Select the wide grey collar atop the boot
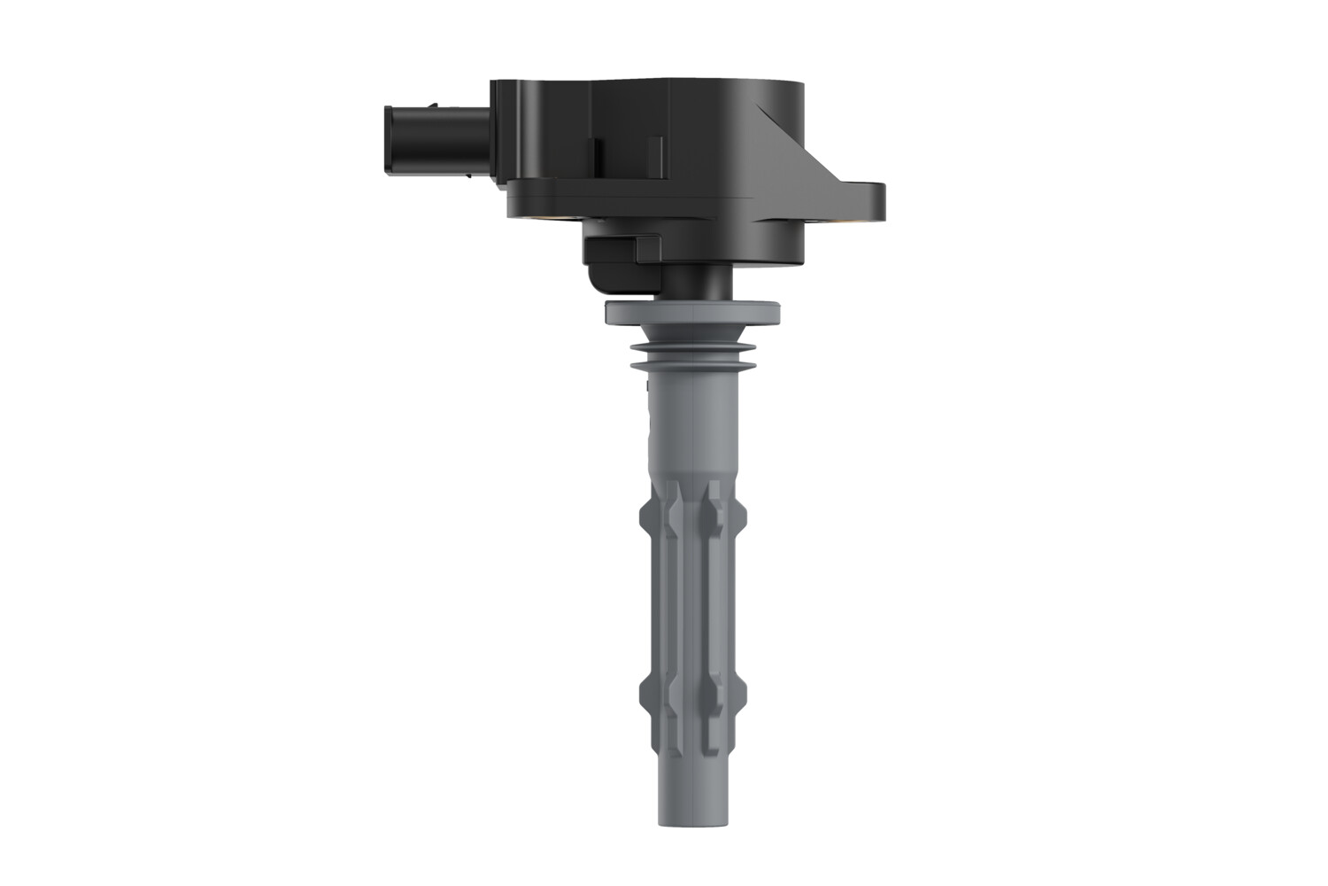[693, 312]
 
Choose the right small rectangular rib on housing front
[655, 158]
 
